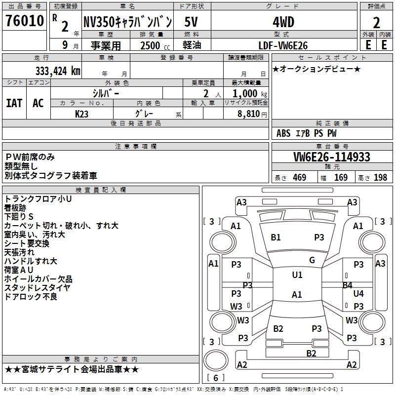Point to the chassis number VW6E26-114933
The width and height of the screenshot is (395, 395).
click(331, 157)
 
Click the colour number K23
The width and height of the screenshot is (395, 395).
click(82, 113)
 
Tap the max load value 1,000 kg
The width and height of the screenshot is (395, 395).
click(247, 93)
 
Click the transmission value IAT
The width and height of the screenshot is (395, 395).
click(14, 103)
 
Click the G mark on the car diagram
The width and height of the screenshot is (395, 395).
click(312, 260)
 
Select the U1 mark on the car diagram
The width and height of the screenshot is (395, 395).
click(297, 275)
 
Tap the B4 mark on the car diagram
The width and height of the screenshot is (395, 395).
click(347, 285)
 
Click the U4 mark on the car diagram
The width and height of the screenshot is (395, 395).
click(358, 294)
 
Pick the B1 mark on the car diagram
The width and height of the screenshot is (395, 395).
click(276, 237)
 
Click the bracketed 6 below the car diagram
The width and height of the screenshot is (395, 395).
click(216, 378)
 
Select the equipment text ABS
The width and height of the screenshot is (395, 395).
click(283, 133)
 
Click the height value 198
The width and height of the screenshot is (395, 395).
click(380, 178)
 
